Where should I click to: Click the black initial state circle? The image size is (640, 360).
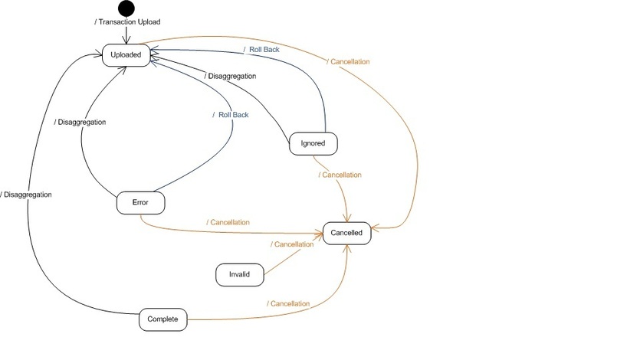pyautogui.click(x=126, y=9)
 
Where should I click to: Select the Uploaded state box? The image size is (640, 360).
pyautogui.click(x=126, y=55)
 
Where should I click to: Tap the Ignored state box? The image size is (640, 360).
pyautogui.click(x=313, y=143)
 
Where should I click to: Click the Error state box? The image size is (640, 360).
pyautogui.click(x=140, y=203)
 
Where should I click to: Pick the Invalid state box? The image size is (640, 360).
pyautogui.click(x=238, y=273)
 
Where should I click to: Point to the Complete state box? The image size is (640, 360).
pyautogui.click(x=162, y=319)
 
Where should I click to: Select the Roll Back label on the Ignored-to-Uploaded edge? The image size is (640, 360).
pyautogui.click(x=262, y=50)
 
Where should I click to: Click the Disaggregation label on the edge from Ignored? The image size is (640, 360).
pyautogui.click(x=230, y=76)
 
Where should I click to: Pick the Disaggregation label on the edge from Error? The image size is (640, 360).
pyautogui.click(x=80, y=122)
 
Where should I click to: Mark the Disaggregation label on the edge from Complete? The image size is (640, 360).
pyautogui.click(x=27, y=195)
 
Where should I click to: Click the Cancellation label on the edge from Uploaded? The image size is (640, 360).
pyautogui.click(x=349, y=61)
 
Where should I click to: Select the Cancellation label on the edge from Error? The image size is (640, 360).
pyautogui.click(x=228, y=222)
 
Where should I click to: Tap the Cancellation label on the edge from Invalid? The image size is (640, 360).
pyautogui.click(x=292, y=244)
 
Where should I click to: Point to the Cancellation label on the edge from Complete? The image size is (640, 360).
pyautogui.click(x=288, y=303)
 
